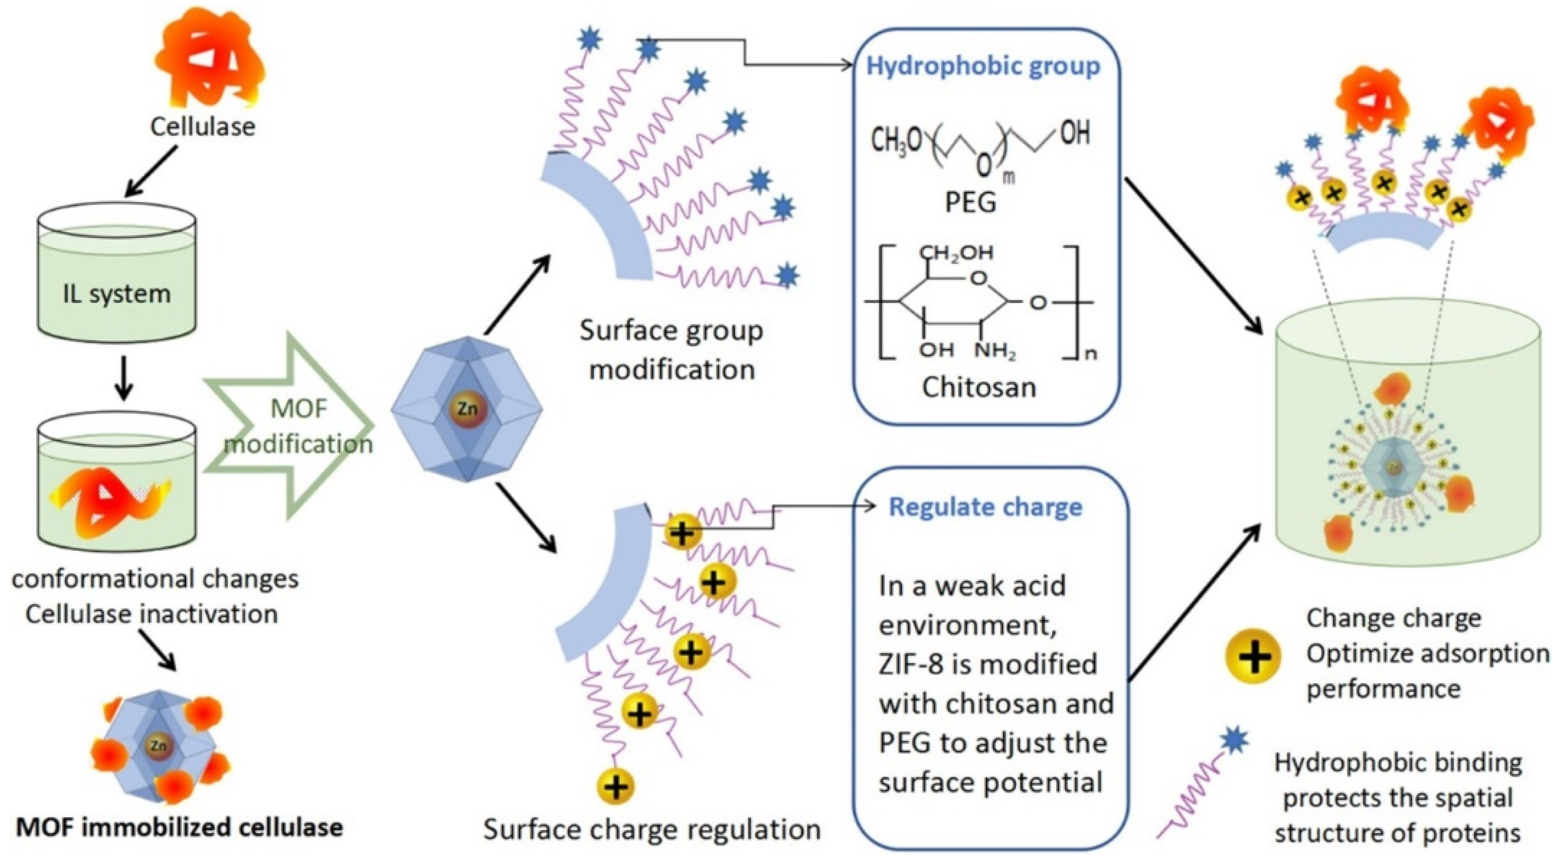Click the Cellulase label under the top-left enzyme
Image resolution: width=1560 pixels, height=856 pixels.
[x=202, y=127]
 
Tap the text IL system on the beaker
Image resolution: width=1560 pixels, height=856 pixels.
[x=116, y=294]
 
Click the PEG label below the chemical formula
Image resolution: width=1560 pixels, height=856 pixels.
[x=971, y=202]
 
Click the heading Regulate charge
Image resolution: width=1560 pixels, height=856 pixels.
[x=985, y=507]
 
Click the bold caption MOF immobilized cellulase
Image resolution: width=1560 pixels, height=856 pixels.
[x=179, y=827]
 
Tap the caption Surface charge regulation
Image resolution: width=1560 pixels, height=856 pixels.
[x=652, y=829]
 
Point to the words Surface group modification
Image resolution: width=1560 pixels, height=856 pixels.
[x=671, y=349]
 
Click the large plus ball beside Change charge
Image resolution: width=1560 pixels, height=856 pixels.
[x=1253, y=656]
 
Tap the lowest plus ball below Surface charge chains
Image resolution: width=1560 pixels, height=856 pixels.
[x=615, y=787]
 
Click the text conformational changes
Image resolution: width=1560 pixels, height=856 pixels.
[x=155, y=579]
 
